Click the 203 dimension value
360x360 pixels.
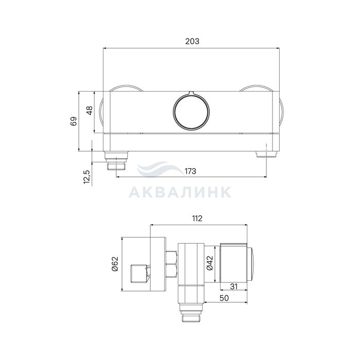(x=192, y=41)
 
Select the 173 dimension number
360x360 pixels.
(x=190, y=171)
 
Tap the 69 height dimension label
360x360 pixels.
(x=74, y=121)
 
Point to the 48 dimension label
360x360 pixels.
(x=89, y=111)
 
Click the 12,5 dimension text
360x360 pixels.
(x=86, y=177)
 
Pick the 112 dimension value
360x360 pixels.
(x=197, y=219)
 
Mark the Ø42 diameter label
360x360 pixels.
(x=210, y=263)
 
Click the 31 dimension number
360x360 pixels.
(x=233, y=286)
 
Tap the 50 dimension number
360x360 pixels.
(x=224, y=298)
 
